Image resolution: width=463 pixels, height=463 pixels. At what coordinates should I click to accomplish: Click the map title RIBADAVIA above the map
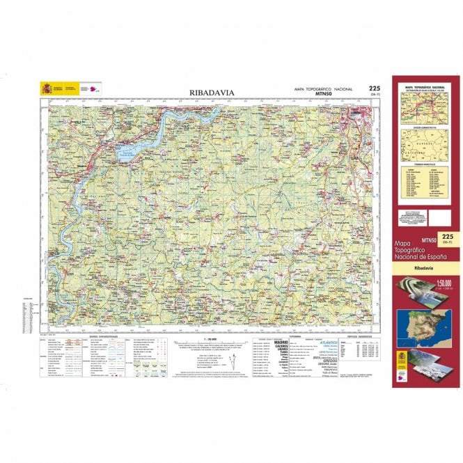(x=212, y=92)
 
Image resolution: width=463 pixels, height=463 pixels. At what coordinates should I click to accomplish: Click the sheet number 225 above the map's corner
(x=375, y=88)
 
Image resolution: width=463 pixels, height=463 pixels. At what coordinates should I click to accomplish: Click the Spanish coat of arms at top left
(x=47, y=89)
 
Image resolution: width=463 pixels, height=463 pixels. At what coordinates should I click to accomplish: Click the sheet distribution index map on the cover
(x=423, y=109)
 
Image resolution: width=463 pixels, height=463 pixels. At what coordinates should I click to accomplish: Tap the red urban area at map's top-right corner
(x=359, y=113)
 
